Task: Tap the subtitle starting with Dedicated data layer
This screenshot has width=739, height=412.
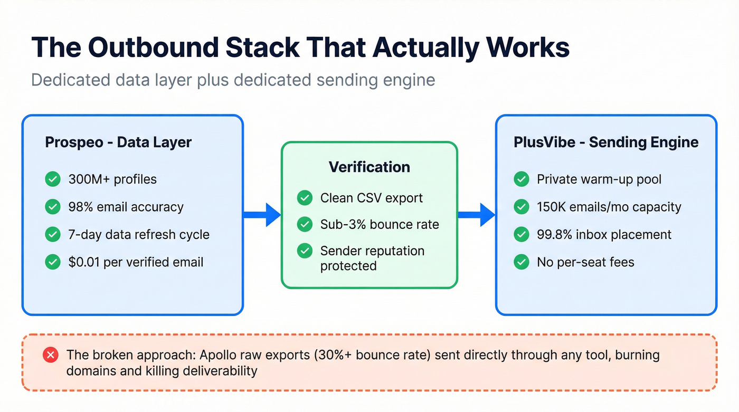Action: [x=233, y=80]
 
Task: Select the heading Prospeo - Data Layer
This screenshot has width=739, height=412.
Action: [x=118, y=142]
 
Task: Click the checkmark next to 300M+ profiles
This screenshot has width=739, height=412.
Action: [x=52, y=179]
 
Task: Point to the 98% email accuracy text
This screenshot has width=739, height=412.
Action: [x=126, y=207]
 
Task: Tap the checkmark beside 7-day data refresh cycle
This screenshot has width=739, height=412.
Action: [x=52, y=234]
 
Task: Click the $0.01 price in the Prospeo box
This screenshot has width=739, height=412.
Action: [x=84, y=262]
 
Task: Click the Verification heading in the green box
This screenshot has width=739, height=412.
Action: [x=369, y=167]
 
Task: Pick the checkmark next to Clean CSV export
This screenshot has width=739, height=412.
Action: [x=305, y=198]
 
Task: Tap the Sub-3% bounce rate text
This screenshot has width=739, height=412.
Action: [x=380, y=224]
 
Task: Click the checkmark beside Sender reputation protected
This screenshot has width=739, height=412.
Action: [x=305, y=251]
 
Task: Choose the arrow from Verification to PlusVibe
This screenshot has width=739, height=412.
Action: [x=476, y=215]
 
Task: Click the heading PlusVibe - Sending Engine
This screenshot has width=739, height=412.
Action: [x=606, y=142]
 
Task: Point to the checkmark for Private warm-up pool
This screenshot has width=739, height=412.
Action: [x=521, y=179]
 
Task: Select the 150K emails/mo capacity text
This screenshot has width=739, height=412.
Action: [x=609, y=207]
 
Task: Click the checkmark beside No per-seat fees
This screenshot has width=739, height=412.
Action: [x=521, y=262]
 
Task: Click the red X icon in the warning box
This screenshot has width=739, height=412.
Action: [x=51, y=355]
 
